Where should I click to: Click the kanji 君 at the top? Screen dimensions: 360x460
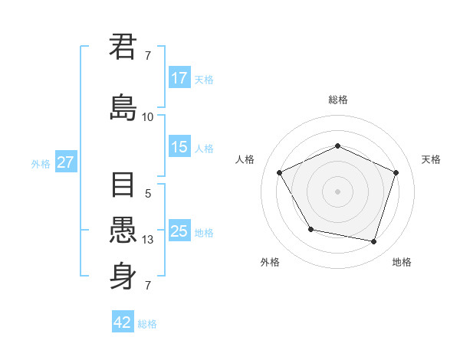tap(123, 47)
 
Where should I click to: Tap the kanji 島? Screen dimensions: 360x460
tap(123, 107)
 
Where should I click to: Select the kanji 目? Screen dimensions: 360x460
tap(123, 186)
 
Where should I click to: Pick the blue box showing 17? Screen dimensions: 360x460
tap(179, 77)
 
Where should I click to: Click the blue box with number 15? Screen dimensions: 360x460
tap(179, 147)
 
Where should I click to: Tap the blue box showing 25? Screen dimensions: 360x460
tap(179, 231)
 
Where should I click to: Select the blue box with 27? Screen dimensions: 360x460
tap(65, 162)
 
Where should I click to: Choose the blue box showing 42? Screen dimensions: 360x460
tap(123, 322)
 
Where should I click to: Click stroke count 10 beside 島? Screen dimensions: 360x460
tap(148, 117)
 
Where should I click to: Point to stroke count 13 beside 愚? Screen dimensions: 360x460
tap(148, 240)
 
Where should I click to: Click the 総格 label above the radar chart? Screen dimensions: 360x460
tap(337, 100)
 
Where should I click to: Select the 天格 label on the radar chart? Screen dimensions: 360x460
tap(431, 159)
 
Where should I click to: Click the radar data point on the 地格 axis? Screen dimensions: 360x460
tap(374, 241)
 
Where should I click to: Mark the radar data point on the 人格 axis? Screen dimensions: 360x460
tap(280, 172)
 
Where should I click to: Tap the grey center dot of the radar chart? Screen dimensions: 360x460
tap(337, 191)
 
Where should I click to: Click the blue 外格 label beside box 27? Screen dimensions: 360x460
tap(41, 163)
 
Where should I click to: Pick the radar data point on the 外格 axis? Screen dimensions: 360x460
tap(310, 229)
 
